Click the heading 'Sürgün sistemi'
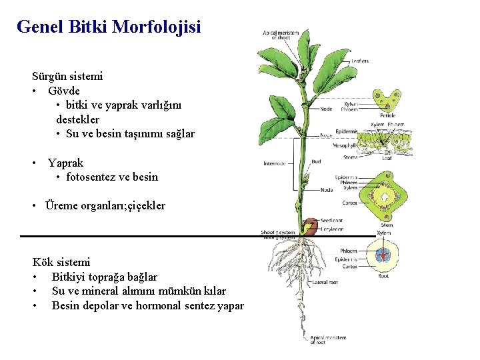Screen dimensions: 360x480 click(67, 76)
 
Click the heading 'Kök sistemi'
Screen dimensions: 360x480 click(61, 262)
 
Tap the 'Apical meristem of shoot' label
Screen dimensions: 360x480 click(281, 35)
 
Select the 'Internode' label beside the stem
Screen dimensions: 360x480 click(275, 163)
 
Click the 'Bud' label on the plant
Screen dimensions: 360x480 click(316, 161)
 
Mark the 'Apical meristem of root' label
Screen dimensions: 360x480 click(328, 339)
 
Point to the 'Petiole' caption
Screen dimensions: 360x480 click(388, 116)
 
